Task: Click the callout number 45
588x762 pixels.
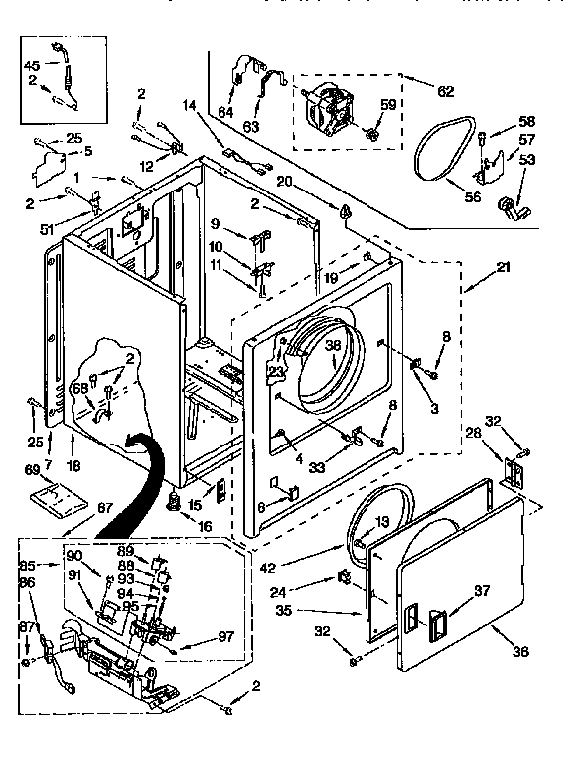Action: (x=32, y=66)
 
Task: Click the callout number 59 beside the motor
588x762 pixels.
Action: (x=388, y=104)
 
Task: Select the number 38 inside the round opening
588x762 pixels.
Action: (x=333, y=345)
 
